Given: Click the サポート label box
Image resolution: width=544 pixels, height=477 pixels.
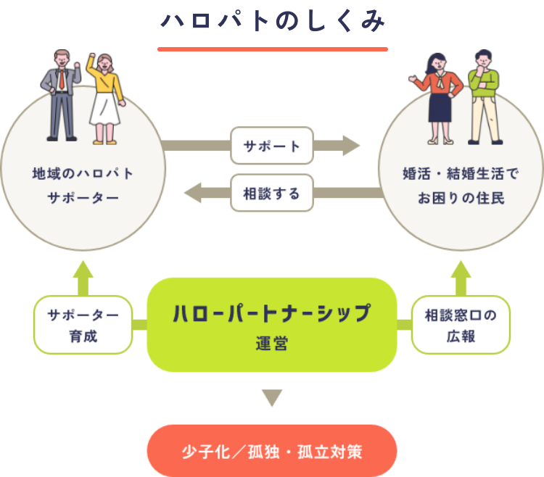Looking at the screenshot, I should tap(271, 146).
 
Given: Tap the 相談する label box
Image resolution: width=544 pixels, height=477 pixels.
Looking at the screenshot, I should tap(271, 194).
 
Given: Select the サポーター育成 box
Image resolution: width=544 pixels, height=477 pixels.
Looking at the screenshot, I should tap(83, 325).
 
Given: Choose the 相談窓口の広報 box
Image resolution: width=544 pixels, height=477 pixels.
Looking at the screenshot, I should tap(460, 325).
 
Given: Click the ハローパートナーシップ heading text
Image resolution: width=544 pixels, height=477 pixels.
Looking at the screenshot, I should tap(271, 315).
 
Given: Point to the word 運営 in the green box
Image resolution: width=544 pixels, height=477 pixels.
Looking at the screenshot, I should tap(271, 344).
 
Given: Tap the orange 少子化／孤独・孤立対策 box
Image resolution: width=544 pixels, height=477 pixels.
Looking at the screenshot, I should tap(271, 452).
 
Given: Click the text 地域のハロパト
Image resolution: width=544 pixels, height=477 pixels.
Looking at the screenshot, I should tap(83, 174).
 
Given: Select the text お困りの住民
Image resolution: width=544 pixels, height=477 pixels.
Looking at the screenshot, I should tap(461, 198).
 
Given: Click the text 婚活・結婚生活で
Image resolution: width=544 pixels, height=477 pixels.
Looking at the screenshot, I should tap(461, 174).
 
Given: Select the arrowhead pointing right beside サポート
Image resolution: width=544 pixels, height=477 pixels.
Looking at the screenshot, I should tap(354, 146).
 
